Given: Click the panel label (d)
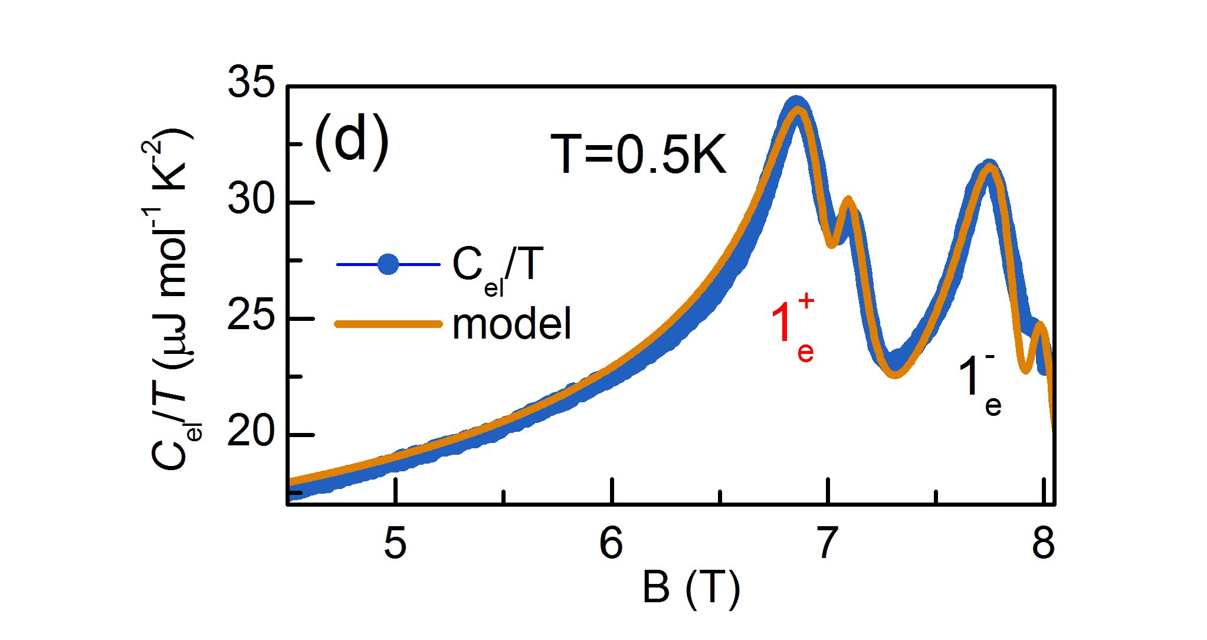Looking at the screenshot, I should coord(352,142).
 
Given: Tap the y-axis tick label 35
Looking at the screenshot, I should coord(251,83).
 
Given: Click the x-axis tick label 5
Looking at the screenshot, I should coord(395,543).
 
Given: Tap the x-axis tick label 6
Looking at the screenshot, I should coord(611,543).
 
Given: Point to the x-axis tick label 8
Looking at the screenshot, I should coord(1043,543).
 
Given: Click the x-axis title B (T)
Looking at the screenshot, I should coord(691,588).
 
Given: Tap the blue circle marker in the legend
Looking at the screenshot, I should coord(388,264).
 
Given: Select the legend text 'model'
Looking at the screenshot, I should coord(512,324).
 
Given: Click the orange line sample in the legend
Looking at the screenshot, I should coord(388,324).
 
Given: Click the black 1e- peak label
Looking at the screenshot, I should coord(979,383).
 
